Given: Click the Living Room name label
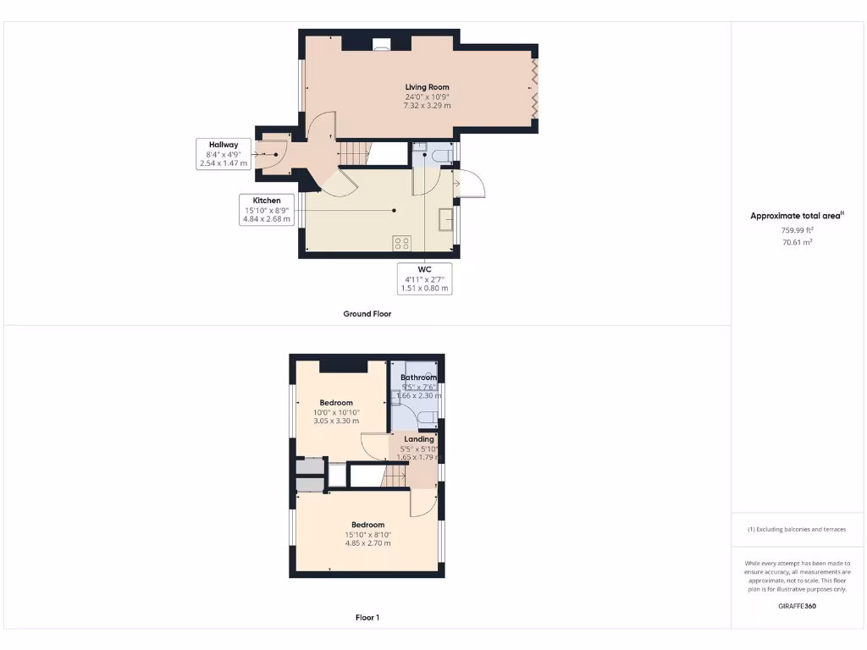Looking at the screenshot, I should click(427, 87).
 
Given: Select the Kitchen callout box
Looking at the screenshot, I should click(266, 210).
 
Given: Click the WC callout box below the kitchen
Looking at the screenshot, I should click(424, 278).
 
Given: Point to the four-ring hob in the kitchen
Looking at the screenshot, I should click(401, 243).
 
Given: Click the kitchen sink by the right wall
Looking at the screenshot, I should click(445, 219).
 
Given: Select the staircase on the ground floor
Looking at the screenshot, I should click(355, 154).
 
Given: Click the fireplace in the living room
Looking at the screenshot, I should click(381, 45).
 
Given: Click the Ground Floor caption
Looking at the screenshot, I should click(367, 314).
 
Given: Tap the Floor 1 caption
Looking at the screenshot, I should click(367, 618).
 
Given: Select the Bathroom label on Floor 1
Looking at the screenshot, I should click(418, 377).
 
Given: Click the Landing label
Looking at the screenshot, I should click(418, 439).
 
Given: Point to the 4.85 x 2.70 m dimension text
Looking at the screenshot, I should click(367, 543).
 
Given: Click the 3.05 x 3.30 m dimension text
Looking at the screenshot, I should click(336, 421).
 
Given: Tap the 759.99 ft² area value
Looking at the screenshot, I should click(796, 230).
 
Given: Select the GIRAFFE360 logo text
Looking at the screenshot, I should click(796, 606).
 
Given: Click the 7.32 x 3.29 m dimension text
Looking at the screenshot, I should click(427, 106).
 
